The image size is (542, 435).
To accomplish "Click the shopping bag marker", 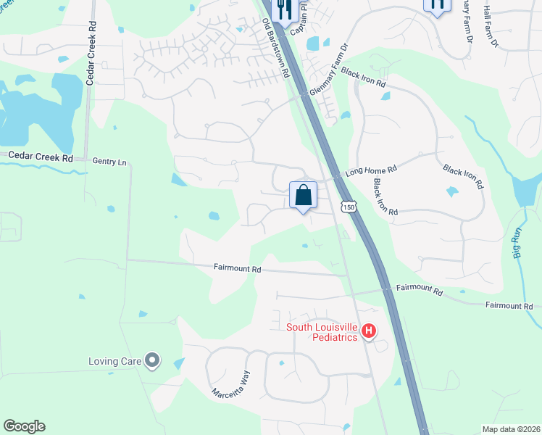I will click(304, 196).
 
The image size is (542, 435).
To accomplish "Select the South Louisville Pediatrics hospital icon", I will click(369, 331).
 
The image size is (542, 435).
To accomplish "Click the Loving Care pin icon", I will click(152, 360).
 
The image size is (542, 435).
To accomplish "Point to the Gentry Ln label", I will click(109, 162).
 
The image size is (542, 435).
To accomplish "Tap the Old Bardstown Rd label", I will click(276, 49).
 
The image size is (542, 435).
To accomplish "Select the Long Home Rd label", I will click(371, 170).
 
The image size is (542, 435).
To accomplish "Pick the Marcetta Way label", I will click(230, 386).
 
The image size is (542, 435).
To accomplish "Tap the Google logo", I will click(24, 426).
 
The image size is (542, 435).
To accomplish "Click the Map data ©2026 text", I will click(510, 429).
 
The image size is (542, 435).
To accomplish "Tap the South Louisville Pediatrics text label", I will click(322, 332).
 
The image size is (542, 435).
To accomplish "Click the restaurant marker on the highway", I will click(283, 7).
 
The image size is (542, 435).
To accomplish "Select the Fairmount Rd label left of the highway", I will click(237, 268).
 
